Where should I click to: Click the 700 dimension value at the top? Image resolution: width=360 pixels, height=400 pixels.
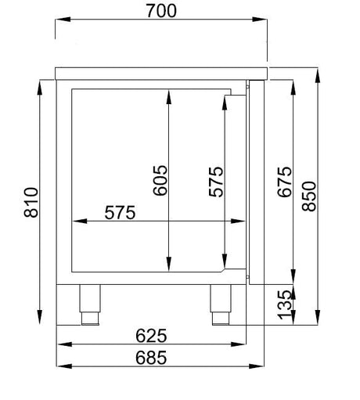pyautogui.click(x=161, y=11)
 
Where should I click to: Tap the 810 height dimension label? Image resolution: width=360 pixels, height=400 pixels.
pyautogui.click(x=31, y=203)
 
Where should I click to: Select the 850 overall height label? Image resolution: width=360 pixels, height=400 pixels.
pyautogui.click(x=309, y=196)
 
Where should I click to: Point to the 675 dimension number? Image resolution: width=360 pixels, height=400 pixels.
pyautogui.click(x=284, y=182)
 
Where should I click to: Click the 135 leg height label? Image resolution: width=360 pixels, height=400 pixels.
pyautogui.click(x=284, y=305)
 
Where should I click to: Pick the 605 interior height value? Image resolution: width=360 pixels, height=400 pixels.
pyautogui.click(x=160, y=180)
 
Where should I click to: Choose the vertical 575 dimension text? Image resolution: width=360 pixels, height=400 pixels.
pyautogui.click(x=216, y=182)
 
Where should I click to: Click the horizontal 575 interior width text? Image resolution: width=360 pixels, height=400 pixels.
pyautogui.click(x=120, y=212)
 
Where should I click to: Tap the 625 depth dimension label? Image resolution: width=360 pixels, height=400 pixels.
pyautogui.click(x=151, y=336)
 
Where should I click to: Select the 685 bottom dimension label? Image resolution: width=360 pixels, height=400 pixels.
pyautogui.click(x=151, y=358)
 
